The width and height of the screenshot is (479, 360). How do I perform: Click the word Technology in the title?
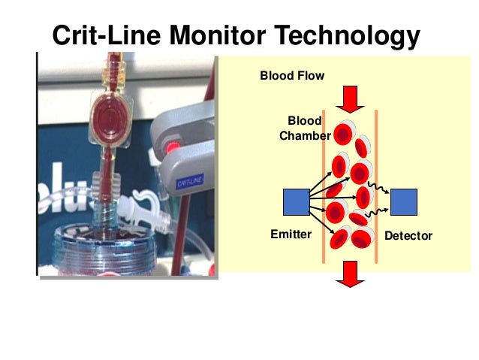click(x=346, y=36)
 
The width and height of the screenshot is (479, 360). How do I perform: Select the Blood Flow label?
click(x=292, y=75)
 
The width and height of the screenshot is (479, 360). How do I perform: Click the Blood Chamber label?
click(x=305, y=129)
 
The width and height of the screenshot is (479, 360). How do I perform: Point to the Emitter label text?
click(x=291, y=235)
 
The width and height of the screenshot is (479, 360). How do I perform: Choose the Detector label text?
click(x=408, y=236)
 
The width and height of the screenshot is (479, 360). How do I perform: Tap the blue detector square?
click(x=404, y=201)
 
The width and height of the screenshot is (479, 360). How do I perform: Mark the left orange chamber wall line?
click(x=324, y=188)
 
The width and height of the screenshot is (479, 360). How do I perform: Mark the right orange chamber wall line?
click(x=375, y=188)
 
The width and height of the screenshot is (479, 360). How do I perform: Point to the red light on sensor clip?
click(x=174, y=145)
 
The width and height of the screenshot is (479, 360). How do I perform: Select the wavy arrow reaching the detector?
click(x=380, y=194)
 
